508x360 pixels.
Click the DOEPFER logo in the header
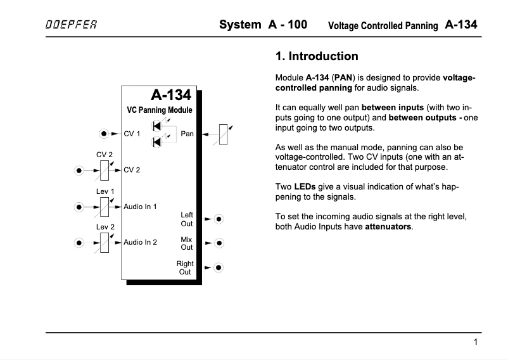click(71, 26)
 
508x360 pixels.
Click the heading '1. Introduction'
click(317, 56)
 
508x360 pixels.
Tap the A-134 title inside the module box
click(170, 96)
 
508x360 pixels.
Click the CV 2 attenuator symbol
click(105, 170)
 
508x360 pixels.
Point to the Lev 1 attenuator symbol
click(105, 206)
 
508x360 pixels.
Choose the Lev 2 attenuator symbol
click(105, 242)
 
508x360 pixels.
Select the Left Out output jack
click(219, 219)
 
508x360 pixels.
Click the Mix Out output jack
click(219, 243)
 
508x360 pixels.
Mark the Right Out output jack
click(219, 267)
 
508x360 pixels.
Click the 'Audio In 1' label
click(140, 207)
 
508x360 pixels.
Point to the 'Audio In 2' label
click(140, 242)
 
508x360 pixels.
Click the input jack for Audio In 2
click(79, 242)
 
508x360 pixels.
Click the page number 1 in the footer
click(475, 342)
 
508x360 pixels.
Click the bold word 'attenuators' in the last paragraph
click(388, 226)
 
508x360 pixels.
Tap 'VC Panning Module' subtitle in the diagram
click(160, 110)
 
